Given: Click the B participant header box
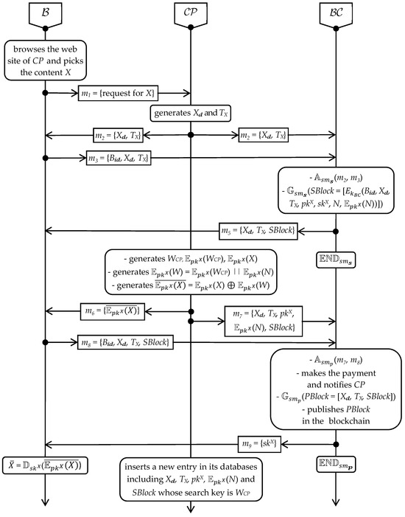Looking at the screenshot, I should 46,13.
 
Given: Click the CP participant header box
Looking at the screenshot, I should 191,13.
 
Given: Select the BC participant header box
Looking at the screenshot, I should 337,13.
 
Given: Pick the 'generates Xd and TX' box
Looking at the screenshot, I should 191,114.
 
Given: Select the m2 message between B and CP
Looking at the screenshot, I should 117,134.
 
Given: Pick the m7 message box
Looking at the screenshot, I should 263,321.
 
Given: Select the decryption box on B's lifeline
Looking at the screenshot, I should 46,465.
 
